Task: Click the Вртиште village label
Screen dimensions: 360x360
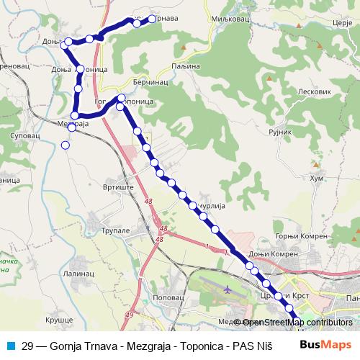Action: tap(118, 186)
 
